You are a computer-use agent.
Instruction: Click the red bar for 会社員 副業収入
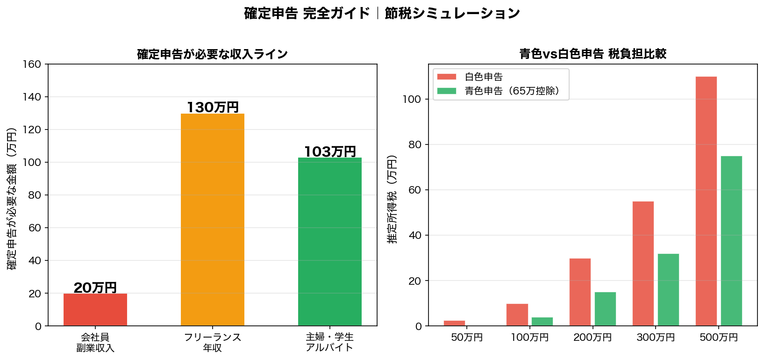click(x=95, y=310)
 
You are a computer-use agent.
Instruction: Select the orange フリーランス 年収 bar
click(x=213, y=220)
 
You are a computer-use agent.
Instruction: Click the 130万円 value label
click(x=213, y=108)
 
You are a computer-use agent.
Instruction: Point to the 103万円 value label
click(x=330, y=151)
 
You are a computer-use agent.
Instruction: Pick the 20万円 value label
click(x=95, y=288)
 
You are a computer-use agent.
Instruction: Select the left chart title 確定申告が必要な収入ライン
click(x=213, y=54)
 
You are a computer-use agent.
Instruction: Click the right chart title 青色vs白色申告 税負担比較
click(x=593, y=54)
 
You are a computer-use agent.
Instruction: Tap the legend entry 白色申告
click(x=484, y=77)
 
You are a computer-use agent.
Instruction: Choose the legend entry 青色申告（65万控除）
click(x=512, y=91)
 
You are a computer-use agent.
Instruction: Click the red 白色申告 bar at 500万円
click(x=706, y=201)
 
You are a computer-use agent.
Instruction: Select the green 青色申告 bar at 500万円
click(x=731, y=241)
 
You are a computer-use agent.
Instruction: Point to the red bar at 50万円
click(x=454, y=323)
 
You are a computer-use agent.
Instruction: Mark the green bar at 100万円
click(x=542, y=322)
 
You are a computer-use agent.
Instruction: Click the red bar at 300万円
click(x=643, y=264)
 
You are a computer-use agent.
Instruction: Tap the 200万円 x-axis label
click(x=593, y=338)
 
